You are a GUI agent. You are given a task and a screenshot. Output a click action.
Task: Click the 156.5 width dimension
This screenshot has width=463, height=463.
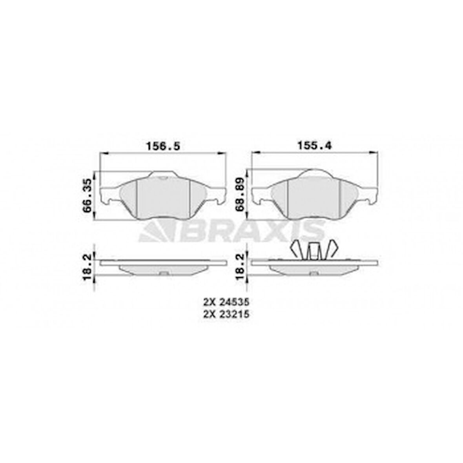163,146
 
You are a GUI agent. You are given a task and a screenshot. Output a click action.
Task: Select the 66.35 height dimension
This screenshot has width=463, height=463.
87,195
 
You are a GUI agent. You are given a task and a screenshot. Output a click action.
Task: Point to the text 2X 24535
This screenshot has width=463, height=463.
226,302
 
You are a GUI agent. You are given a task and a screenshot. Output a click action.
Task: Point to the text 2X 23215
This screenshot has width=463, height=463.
226,314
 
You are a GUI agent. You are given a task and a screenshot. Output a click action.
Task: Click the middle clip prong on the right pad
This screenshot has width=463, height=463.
313,251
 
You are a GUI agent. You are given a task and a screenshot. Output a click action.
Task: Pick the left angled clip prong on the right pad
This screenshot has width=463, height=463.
297,249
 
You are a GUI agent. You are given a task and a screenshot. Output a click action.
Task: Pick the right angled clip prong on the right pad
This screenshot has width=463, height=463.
330,249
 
